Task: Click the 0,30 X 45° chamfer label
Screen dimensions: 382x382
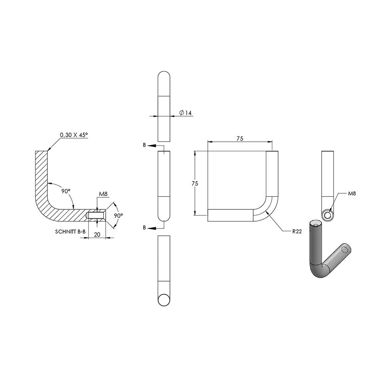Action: click(x=74, y=135)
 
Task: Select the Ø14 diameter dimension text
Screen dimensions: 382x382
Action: click(x=185, y=113)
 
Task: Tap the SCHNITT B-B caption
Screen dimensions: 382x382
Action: click(x=70, y=231)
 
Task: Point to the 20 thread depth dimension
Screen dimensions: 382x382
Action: click(x=97, y=235)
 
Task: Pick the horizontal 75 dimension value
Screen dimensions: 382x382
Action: click(x=240, y=139)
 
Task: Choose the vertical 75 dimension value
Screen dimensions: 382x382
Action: click(x=195, y=183)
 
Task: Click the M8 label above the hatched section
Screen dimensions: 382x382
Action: click(x=103, y=194)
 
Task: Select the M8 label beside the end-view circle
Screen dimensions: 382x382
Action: click(x=352, y=194)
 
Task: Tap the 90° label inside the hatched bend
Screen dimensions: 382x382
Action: click(x=66, y=191)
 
